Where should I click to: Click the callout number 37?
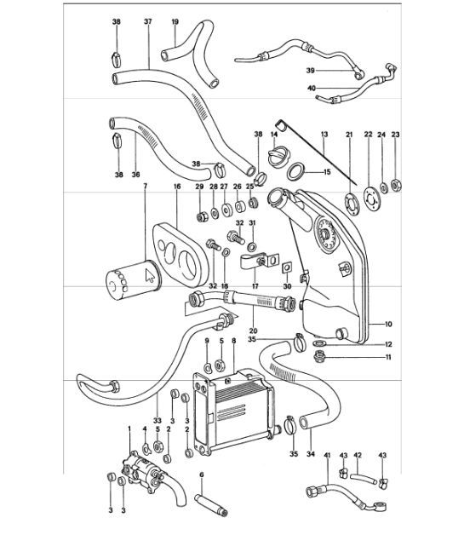[147, 20]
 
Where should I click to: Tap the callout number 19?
[175, 20]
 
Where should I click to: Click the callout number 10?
[387, 325]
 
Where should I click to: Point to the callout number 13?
[324, 135]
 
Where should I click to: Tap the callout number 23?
[394, 135]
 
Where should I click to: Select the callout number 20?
[252, 331]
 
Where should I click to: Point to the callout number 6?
[201, 475]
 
